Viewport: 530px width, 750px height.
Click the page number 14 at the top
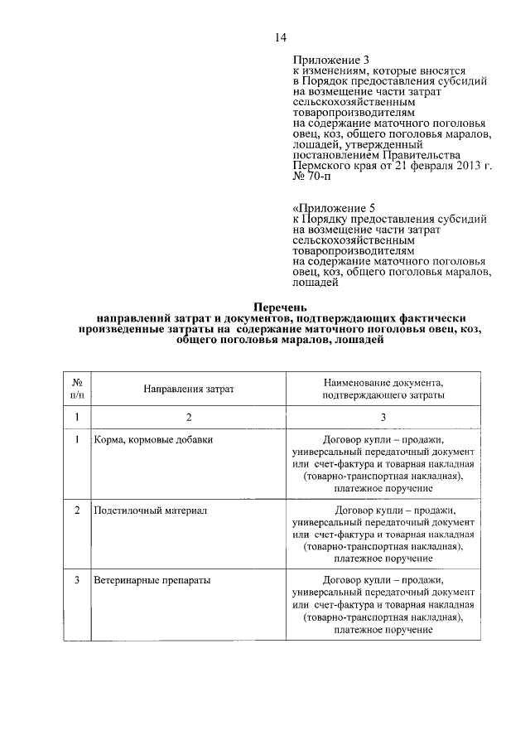[x=281, y=36]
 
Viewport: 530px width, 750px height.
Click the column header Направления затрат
[x=188, y=389]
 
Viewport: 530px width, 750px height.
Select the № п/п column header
[x=76, y=389]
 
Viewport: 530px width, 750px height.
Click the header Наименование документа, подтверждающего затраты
[x=383, y=390]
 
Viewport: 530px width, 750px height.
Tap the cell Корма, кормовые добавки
[x=154, y=439]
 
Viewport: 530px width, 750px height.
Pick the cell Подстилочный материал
[x=150, y=510]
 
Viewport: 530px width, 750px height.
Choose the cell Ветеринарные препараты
[x=152, y=581]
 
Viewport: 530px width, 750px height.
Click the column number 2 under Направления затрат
[x=188, y=417]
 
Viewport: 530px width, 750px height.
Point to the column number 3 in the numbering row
[x=383, y=417]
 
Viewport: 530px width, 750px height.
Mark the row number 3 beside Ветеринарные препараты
[x=76, y=581]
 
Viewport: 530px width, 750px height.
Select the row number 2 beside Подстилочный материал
[x=76, y=510]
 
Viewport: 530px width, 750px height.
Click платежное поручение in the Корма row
[x=383, y=490]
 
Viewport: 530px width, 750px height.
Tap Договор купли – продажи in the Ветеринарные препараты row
[x=383, y=581]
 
